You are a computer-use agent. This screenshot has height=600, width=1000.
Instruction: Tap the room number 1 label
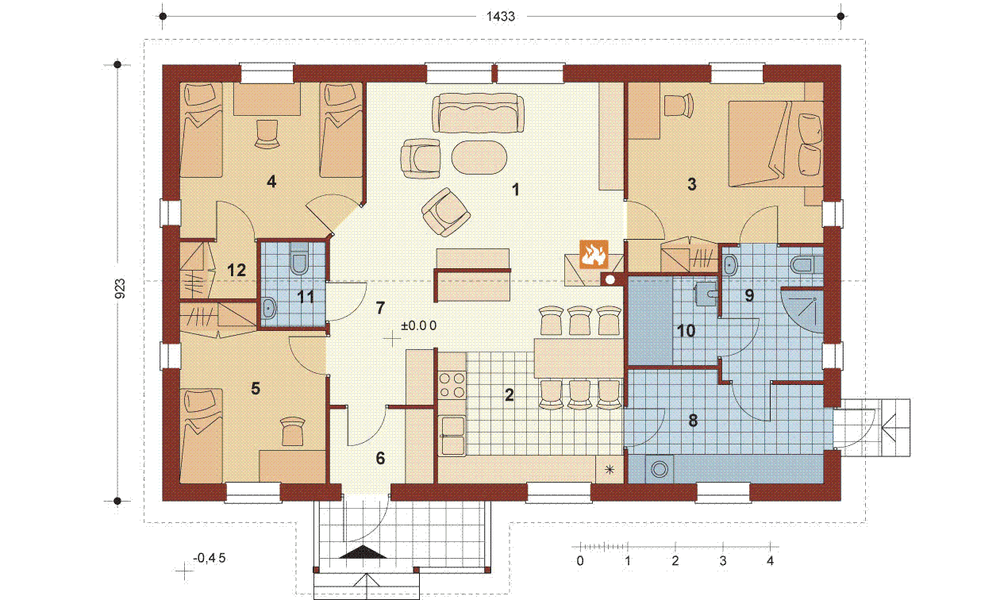516,188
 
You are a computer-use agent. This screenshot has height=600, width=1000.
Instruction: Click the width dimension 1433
497,16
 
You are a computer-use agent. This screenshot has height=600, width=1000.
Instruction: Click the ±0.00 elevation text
419,326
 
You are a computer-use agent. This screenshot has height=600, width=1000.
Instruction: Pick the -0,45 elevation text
211,558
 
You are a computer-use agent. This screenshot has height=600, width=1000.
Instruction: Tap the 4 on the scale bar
769,559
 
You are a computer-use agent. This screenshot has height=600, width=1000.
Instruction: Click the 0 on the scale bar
580,559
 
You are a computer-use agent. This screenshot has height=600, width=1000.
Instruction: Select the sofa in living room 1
477,112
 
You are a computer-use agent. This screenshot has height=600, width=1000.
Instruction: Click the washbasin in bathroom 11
270,310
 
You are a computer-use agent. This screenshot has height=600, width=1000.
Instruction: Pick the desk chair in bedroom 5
291,430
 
